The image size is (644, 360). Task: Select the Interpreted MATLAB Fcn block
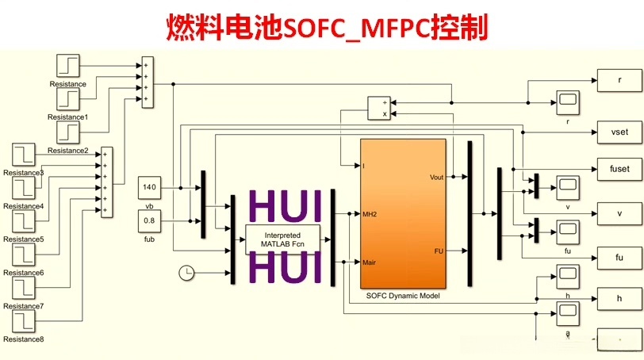282,240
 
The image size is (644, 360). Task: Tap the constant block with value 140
150,188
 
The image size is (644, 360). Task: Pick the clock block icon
186,273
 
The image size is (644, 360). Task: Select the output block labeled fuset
619,168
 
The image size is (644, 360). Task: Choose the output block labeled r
619,80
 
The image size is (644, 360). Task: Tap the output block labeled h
619,298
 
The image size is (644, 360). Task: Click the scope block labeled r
567,101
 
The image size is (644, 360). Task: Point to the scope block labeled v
567,188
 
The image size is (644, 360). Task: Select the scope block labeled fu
567,231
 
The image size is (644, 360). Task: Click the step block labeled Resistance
68,67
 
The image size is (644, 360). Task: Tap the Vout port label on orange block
435,177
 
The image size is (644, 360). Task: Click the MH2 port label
369,214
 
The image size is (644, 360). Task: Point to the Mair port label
369,262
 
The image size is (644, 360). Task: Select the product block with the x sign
379,108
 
